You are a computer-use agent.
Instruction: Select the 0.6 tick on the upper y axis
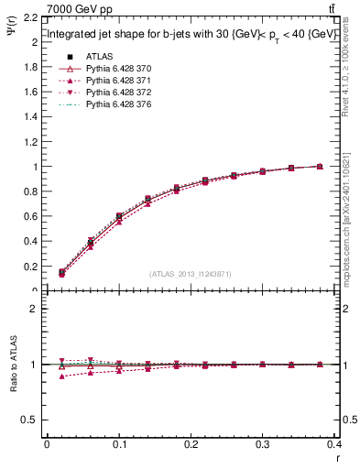pos(31,216)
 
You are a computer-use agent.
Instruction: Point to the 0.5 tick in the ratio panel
pos(31,420)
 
